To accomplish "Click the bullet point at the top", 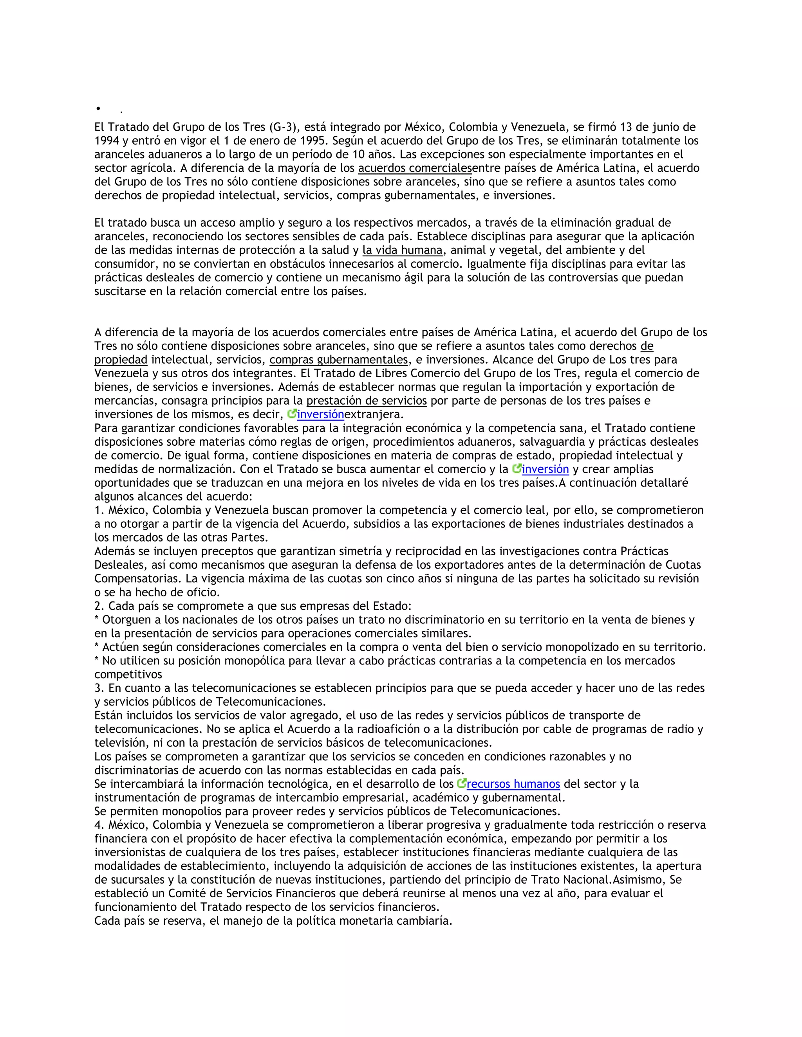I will (98, 109).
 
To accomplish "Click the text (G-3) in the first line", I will (283, 127).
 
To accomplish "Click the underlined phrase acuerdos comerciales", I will (415, 168).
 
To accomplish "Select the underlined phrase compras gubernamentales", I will (339, 360).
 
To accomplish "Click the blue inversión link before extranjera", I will (321, 414).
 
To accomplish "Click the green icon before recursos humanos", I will (461, 783).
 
